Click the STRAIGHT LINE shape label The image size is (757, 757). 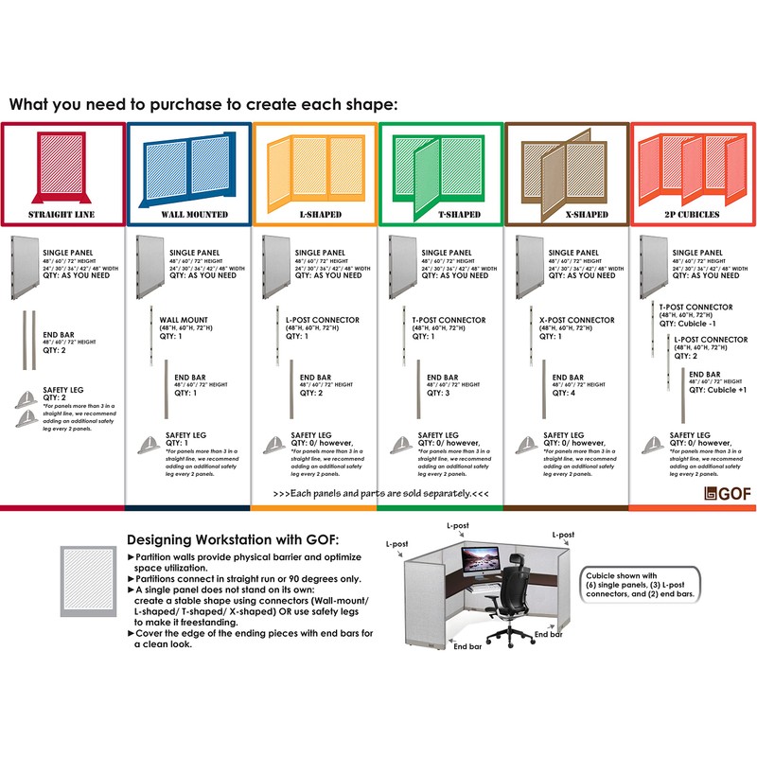62,215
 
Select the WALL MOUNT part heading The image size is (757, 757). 184,321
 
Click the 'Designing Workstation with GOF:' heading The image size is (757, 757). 232,538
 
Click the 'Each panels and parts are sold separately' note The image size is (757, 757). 380,494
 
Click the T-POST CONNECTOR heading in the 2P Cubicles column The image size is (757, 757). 695,308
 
